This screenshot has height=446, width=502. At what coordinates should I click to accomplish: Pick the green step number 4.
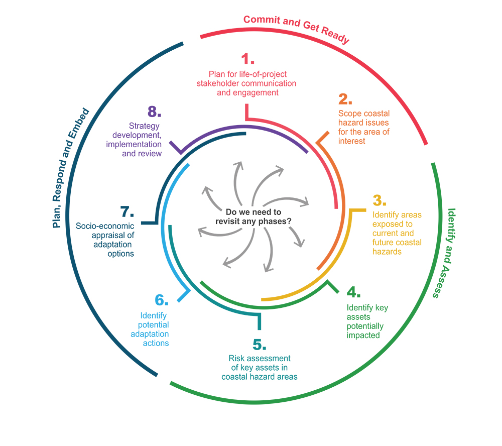353,292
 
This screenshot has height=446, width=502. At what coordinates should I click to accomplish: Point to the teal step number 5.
259,345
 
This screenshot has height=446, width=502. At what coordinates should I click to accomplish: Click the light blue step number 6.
161,300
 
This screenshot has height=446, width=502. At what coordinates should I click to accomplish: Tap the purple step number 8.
155,111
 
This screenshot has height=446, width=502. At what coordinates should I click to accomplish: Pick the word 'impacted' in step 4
363,335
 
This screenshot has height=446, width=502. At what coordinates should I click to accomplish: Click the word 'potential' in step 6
154,325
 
